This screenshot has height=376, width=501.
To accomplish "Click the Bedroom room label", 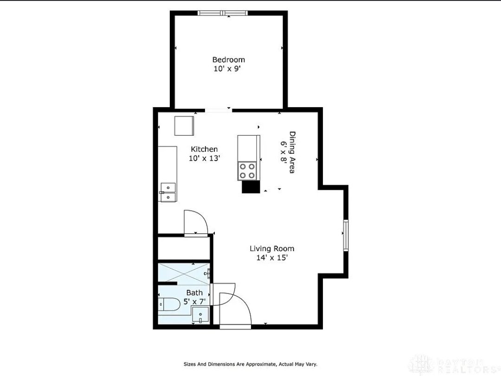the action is click(x=228, y=59).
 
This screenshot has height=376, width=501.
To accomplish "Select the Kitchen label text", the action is click(x=204, y=149).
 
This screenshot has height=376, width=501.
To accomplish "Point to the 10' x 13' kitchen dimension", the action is click(x=205, y=158).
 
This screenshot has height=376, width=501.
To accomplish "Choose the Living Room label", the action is click(x=272, y=248).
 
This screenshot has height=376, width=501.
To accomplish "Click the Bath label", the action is click(x=194, y=292).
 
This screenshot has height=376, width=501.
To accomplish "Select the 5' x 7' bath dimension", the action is click(x=194, y=301).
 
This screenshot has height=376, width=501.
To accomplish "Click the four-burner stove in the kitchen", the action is click(x=247, y=171).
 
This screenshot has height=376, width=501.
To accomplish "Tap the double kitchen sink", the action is click(x=168, y=193).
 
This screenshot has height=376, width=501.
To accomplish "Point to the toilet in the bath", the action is click(x=169, y=305).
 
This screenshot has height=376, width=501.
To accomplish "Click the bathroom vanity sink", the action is click(x=200, y=315).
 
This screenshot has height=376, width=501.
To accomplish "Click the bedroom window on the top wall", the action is click(x=223, y=13).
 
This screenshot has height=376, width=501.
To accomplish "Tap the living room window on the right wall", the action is click(x=346, y=235).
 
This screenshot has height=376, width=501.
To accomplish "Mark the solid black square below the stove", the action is click(x=250, y=187).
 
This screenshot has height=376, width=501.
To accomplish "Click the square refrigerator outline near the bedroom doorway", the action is click(x=184, y=126).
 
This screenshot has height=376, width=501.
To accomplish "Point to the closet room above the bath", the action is click(x=184, y=248).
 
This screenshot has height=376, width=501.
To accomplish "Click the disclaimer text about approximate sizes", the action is click(x=250, y=364).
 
